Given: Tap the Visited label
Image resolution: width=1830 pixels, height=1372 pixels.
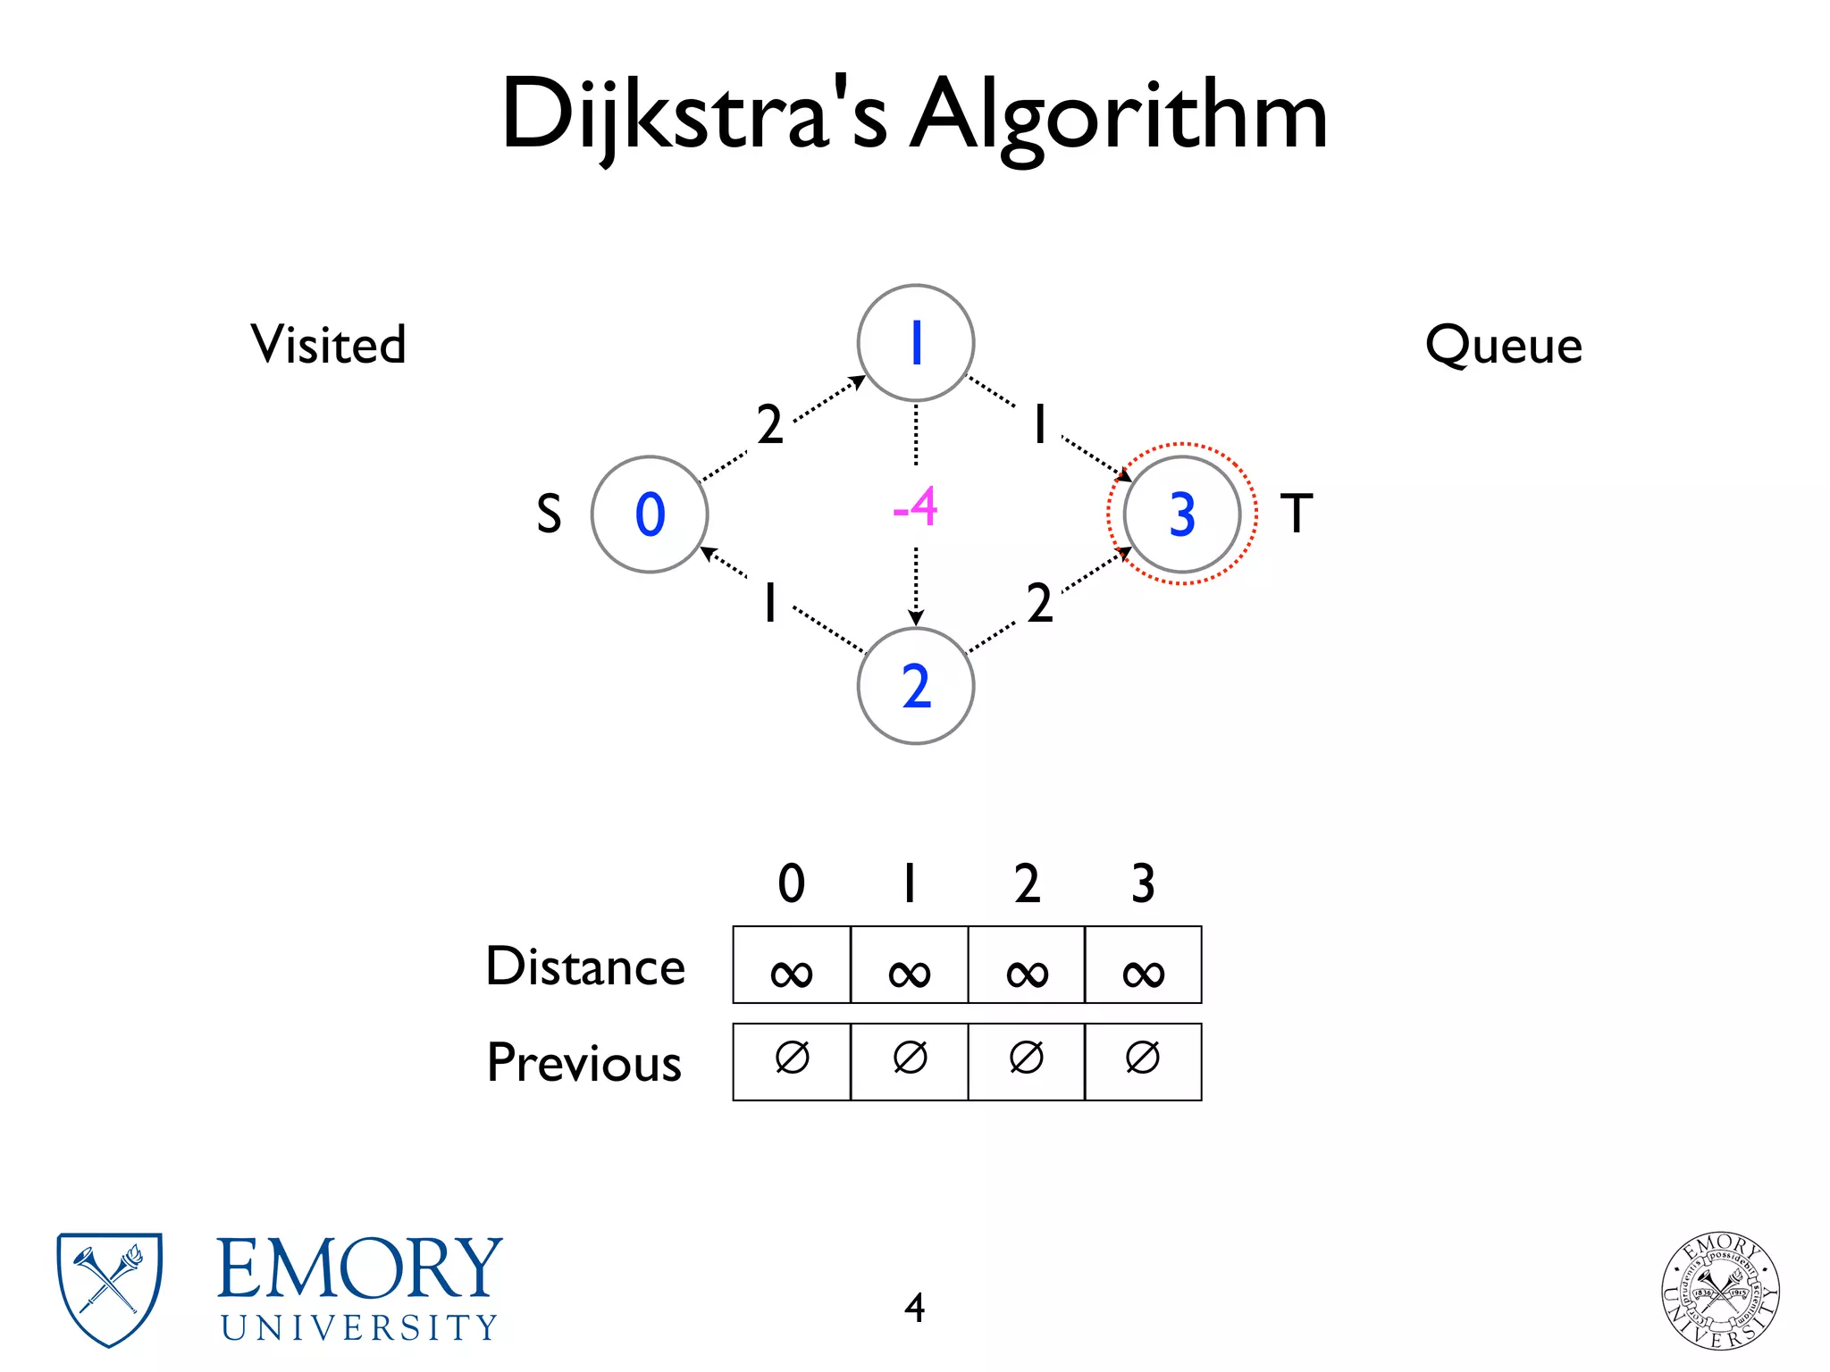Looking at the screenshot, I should coord(328,344).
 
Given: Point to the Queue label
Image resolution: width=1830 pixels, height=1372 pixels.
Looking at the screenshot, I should coord(1504,345).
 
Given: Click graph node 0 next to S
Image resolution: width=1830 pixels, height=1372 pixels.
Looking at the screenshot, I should coord(650,514).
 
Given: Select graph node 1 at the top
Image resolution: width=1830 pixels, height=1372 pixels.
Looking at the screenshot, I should coord(916,343).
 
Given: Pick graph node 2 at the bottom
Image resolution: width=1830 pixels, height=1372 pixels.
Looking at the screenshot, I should coord(916,686).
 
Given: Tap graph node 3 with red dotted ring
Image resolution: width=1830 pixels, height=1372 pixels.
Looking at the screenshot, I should coord(1181,514).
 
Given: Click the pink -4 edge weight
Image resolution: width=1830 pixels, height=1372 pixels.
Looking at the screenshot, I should coord(915,507).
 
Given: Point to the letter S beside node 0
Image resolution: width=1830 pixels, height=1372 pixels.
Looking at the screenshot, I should coord(549,514).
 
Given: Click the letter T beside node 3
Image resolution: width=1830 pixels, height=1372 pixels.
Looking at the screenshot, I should coord(1297,514).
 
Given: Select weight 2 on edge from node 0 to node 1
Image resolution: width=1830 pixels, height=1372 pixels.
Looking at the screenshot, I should coord(769,424).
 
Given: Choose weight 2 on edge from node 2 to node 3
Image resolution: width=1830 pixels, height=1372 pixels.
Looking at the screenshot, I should coord(1039,603).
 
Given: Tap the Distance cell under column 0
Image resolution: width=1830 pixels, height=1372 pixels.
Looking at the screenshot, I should coord(792,966).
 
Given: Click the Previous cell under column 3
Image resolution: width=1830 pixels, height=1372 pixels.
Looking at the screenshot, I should coord(1143,1061).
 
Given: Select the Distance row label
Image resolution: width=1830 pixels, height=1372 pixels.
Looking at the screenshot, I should coord(585,966).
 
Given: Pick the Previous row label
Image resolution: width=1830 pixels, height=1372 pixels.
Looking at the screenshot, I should coord(584,1063).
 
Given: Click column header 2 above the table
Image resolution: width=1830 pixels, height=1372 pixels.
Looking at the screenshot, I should coord(1027,883).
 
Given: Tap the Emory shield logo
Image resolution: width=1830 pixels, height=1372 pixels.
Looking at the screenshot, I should coord(109,1289).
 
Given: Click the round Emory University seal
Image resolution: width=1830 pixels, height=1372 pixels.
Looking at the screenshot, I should coord(1720,1290).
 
